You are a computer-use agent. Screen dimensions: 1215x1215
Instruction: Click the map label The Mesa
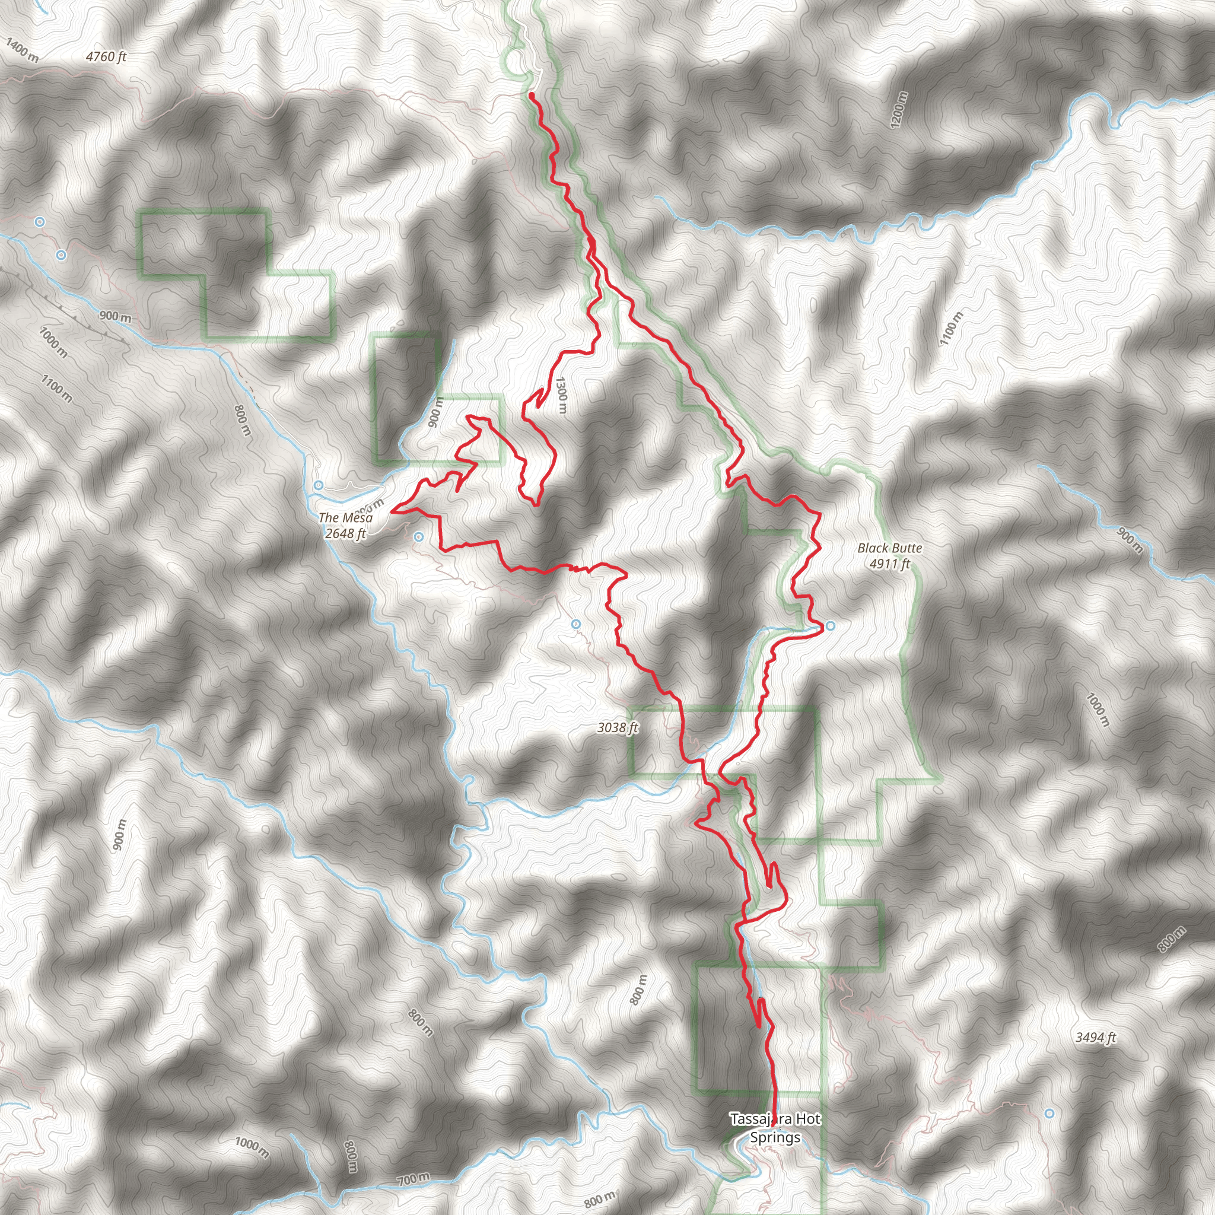pyautogui.click(x=345, y=518)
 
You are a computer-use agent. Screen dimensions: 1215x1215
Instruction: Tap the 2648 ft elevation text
pyautogui.click(x=345, y=535)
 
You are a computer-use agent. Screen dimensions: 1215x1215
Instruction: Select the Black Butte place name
pyautogui.click(x=890, y=548)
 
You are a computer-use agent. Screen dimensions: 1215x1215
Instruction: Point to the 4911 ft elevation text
pyautogui.click(x=890, y=564)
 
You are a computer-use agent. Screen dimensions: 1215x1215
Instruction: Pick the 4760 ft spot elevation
pyautogui.click(x=106, y=56)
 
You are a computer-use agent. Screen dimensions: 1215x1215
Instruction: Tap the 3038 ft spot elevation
pyautogui.click(x=618, y=727)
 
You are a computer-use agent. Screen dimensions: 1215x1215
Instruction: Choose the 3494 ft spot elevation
pyautogui.click(x=1096, y=1037)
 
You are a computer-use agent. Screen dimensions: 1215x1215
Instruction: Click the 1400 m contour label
pyautogui.click(x=21, y=50)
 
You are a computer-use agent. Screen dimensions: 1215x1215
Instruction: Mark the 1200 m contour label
pyautogui.click(x=899, y=111)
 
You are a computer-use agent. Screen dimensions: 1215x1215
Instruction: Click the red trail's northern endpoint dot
pyautogui.click(x=532, y=95)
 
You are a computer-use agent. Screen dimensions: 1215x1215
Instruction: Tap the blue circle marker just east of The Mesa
pyautogui.click(x=419, y=536)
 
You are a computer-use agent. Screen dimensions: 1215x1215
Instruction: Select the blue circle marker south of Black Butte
pyautogui.click(x=831, y=626)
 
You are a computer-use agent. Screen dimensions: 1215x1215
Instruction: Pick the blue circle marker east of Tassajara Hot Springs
pyautogui.click(x=1049, y=1114)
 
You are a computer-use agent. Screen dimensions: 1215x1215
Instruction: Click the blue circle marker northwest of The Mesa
pyautogui.click(x=319, y=485)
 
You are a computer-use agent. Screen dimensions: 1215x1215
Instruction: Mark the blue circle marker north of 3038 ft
pyautogui.click(x=575, y=624)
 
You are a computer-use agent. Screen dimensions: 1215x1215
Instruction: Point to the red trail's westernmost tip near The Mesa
pyautogui.click(x=392, y=512)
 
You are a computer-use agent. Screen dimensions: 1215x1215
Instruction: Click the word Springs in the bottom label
pyautogui.click(x=775, y=1138)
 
